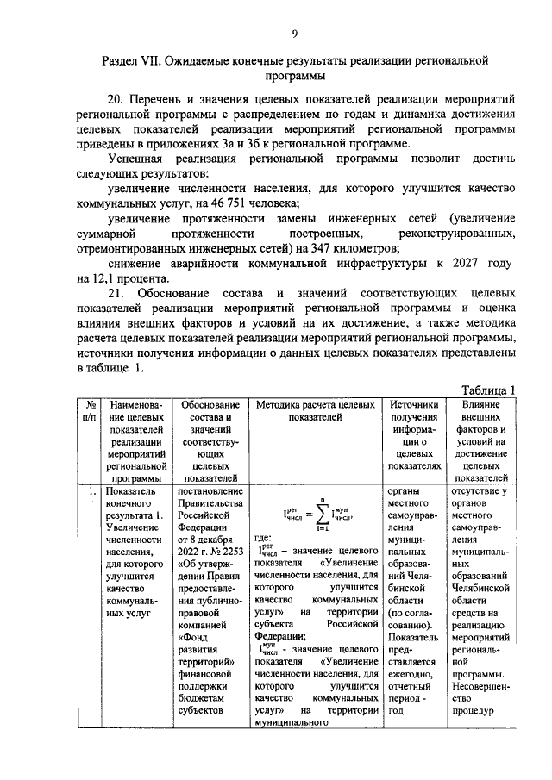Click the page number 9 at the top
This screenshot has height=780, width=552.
(x=293, y=33)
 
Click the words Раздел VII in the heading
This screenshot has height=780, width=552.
(x=131, y=61)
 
